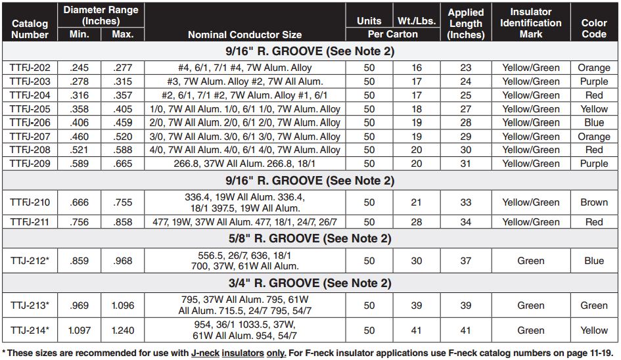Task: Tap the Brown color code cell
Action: click(594, 202)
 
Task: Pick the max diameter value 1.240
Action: click(123, 330)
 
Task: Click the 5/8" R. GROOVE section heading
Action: click(311, 238)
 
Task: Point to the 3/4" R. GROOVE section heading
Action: click(311, 284)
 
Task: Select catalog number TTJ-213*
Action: click(30, 305)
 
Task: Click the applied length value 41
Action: click(466, 330)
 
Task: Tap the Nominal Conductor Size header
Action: click(245, 35)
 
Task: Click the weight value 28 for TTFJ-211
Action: click(416, 222)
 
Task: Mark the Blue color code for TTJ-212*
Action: click(594, 261)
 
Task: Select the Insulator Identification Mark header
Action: click(531, 23)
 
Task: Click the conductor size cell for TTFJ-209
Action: click(245, 164)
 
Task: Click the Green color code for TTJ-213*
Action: click(594, 305)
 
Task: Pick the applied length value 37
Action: click(466, 261)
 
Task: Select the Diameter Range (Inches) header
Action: click(101, 15)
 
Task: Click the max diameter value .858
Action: click(123, 222)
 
